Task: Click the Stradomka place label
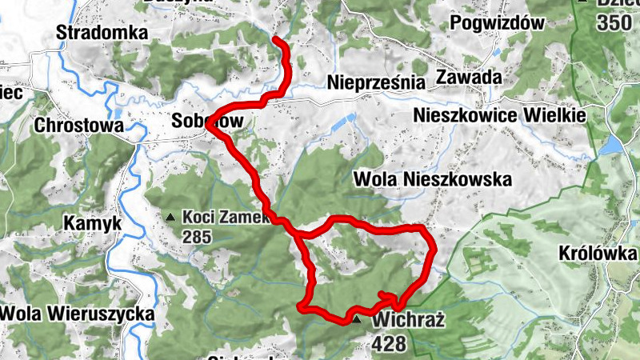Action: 103,33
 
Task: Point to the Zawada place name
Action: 469,78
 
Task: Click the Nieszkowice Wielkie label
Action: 499,115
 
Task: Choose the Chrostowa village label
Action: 79,126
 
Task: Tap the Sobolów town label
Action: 206,121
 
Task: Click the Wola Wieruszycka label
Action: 77,314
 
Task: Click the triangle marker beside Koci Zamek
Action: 170,217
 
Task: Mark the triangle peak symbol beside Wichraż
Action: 357,320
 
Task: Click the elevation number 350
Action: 613,22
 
